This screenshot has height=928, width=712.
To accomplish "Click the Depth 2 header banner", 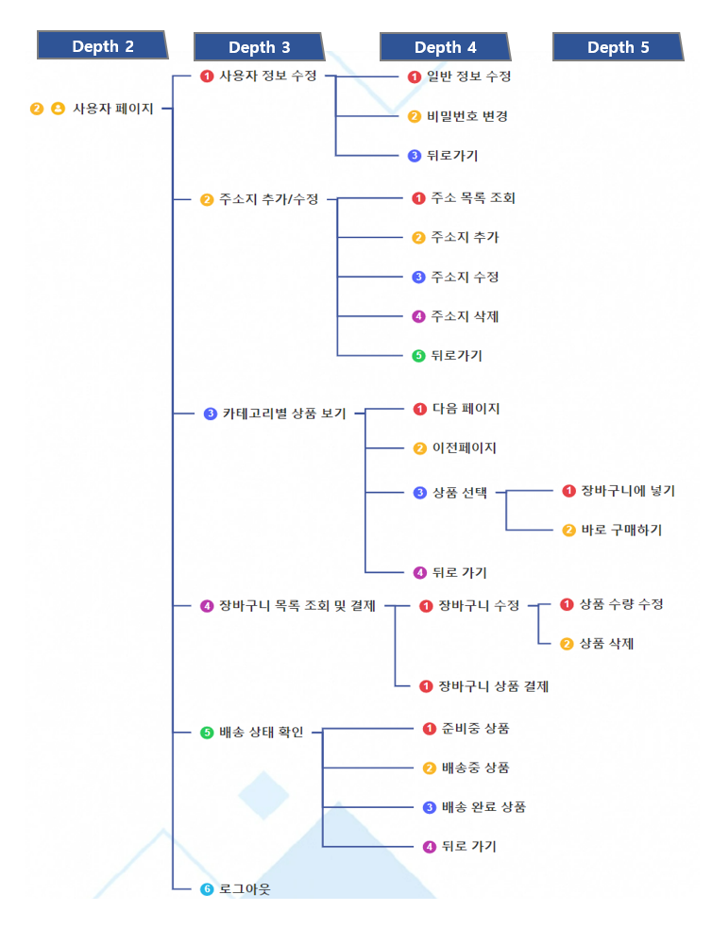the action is pyautogui.click(x=102, y=45).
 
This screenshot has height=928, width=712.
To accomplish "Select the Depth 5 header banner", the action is pyautogui.click(x=618, y=47).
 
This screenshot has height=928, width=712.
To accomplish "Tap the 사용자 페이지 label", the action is pyautogui.click(x=113, y=109).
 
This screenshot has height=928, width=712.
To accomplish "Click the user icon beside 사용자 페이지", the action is pyautogui.click(x=58, y=109).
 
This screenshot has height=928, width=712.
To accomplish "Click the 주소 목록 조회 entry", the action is pyautogui.click(x=473, y=198).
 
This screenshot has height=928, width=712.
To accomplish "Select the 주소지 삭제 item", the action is pyautogui.click(x=465, y=316).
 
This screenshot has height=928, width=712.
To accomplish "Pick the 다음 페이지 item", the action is pyautogui.click(x=466, y=409).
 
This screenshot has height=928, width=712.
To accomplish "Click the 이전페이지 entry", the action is pyautogui.click(x=465, y=448).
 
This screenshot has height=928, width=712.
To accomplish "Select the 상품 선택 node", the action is pyautogui.click(x=460, y=493).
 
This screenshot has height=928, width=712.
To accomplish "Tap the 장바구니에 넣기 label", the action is pyautogui.click(x=628, y=491).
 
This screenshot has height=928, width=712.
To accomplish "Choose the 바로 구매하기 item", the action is pyautogui.click(x=621, y=531).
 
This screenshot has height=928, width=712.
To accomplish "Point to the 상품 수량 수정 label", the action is pyautogui.click(x=621, y=604).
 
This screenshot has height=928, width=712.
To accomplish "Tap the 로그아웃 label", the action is pyautogui.click(x=245, y=889).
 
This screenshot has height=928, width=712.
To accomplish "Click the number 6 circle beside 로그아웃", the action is pyautogui.click(x=207, y=889).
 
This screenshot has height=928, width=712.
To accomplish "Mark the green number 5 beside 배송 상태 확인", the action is pyautogui.click(x=207, y=732).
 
